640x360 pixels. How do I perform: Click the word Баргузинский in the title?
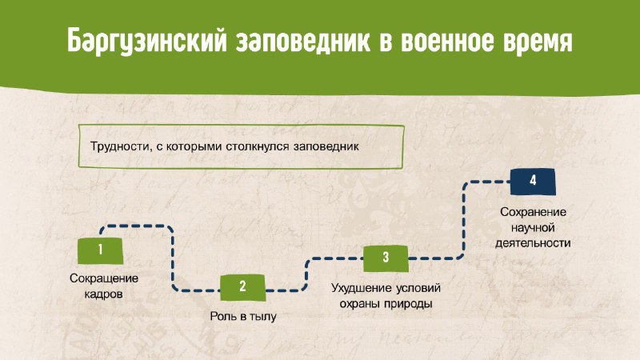(x=147, y=42)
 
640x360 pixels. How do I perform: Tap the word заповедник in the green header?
(x=303, y=41)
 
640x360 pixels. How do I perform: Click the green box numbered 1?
(x=101, y=250)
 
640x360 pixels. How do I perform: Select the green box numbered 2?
(x=243, y=287)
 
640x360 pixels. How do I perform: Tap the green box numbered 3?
(x=386, y=258)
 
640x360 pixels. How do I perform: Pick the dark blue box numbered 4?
(x=533, y=182)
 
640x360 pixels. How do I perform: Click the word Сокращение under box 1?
(x=104, y=278)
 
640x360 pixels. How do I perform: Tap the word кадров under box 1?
(x=103, y=294)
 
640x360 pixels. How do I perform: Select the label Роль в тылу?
(x=243, y=316)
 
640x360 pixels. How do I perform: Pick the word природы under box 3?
(x=409, y=304)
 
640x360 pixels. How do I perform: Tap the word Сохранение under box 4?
(x=533, y=212)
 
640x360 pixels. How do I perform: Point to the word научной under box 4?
(x=533, y=227)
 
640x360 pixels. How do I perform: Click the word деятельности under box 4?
(x=533, y=243)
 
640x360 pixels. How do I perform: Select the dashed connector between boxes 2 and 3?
(x=306, y=274)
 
